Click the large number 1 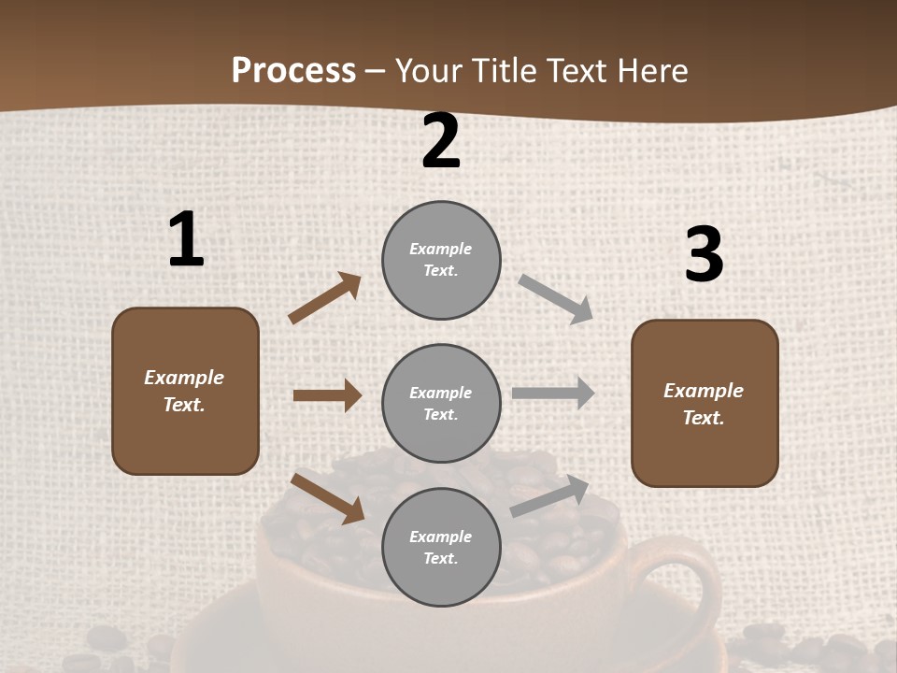click(x=186, y=240)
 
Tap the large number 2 click(x=441, y=142)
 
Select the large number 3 click(x=704, y=254)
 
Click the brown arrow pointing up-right click(x=324, y=298)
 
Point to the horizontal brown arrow click(x=327, y=395)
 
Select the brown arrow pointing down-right click(x=327, y=497)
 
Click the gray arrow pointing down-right click(x=556, y=299)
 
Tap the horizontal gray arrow click(x=553, y=394)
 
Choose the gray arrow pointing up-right click(x=549, y=496)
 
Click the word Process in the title click(x=293, y=70)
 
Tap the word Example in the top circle click(x=440, y=249)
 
